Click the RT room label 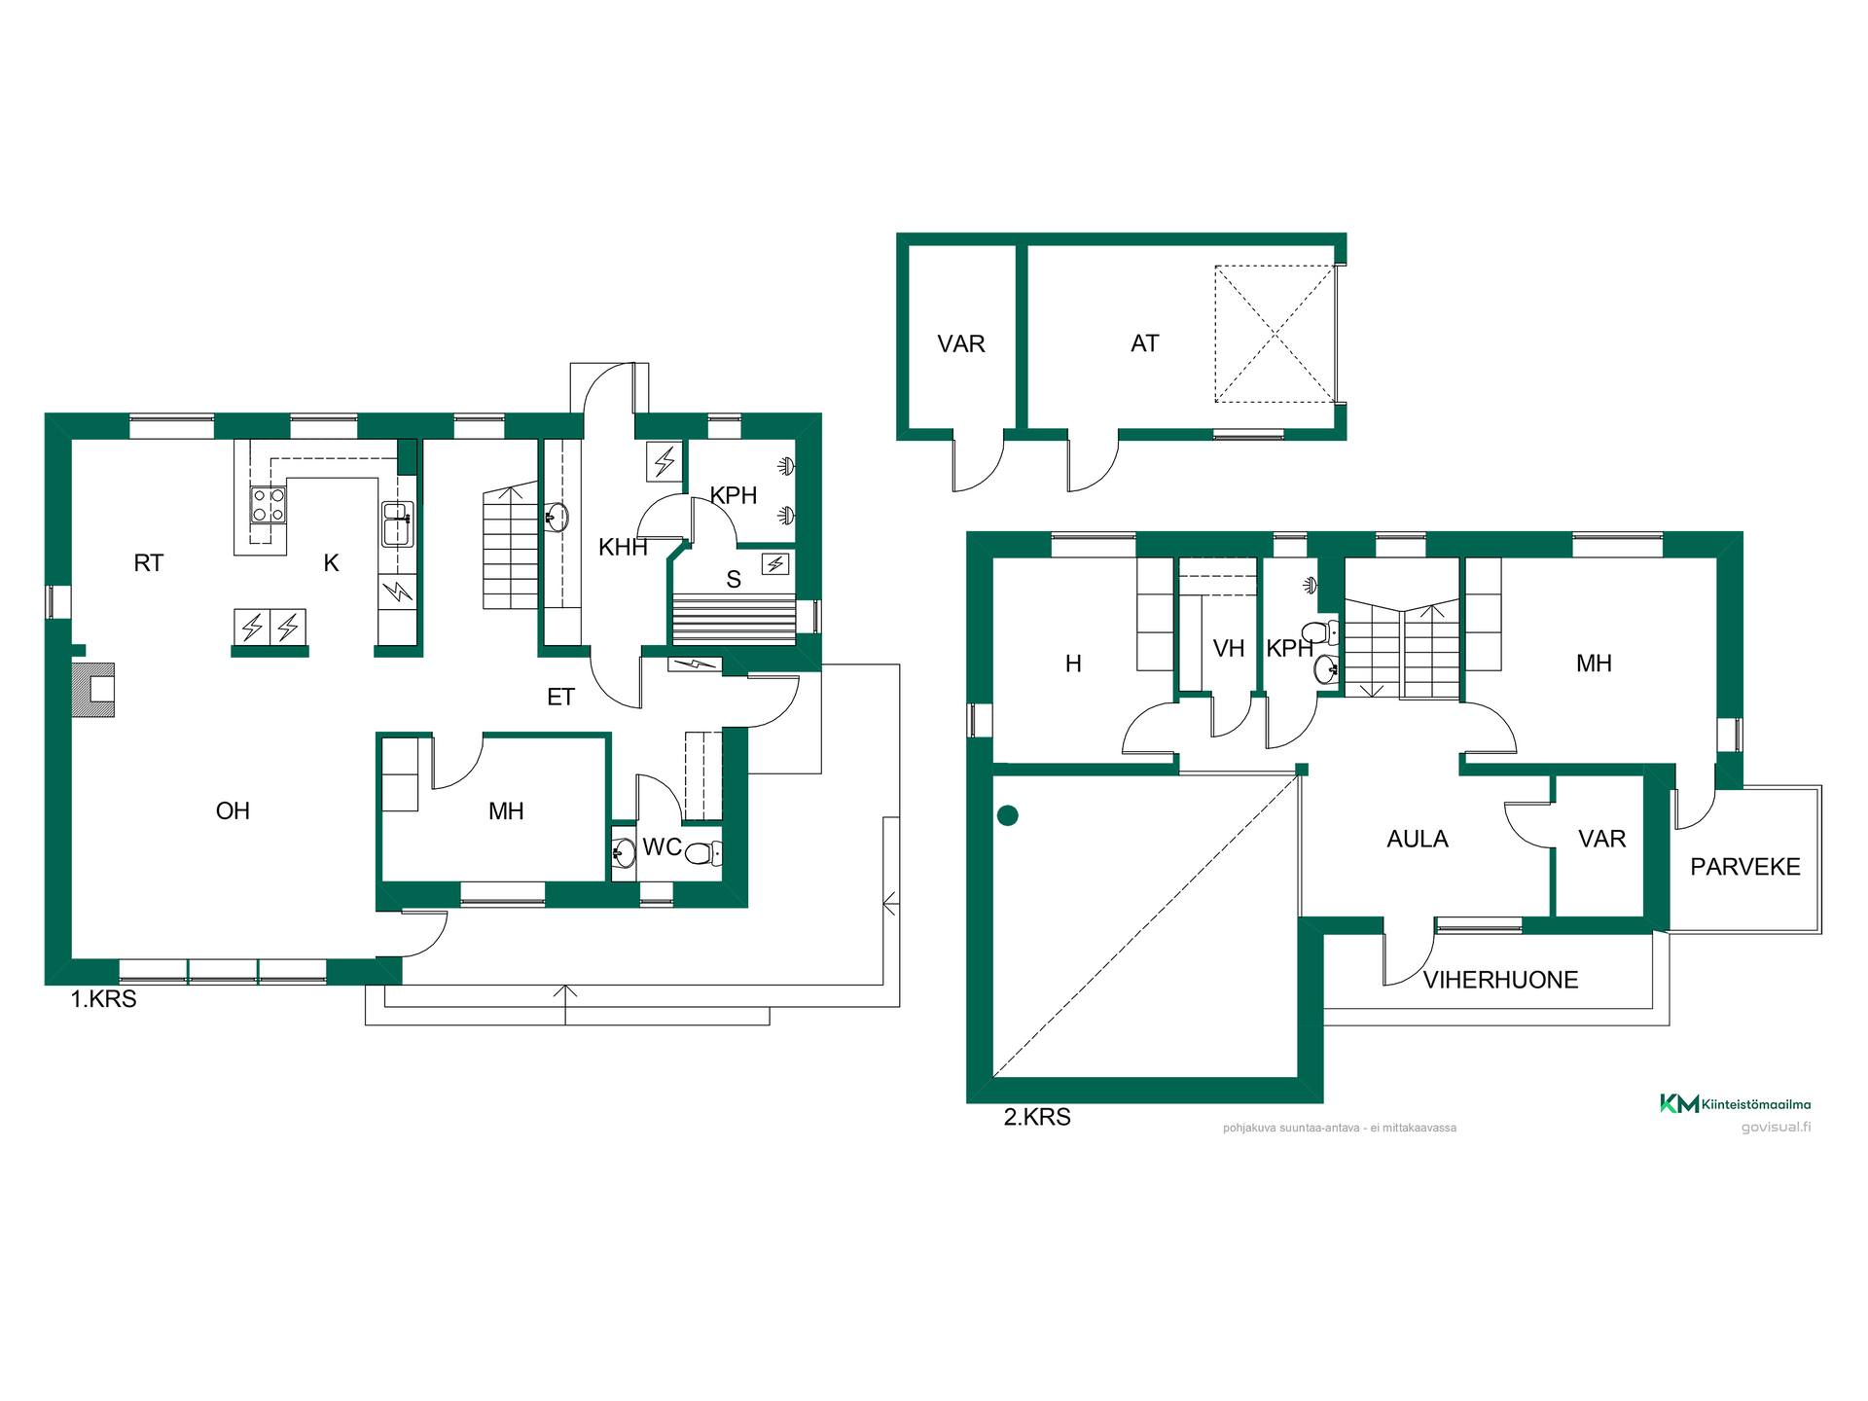(149, 563)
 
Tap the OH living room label (233, 811)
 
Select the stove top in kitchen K (269, 505)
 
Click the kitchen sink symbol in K (397, 523)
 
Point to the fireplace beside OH (93, 690)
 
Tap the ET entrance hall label (560, 698)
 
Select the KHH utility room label (623, 548)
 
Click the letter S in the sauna (734, 580)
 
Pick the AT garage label (1145, 343)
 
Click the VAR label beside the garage (961, 344)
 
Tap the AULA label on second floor (1418, 840)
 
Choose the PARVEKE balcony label (1745, 867)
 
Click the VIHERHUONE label (1500, 981)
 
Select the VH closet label (1229, 649)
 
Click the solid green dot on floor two (1008, 816)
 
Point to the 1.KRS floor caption (103, 999)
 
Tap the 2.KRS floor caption (1037, 1117)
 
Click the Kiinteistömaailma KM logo (1735, 1103)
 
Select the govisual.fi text (1776, 1128)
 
